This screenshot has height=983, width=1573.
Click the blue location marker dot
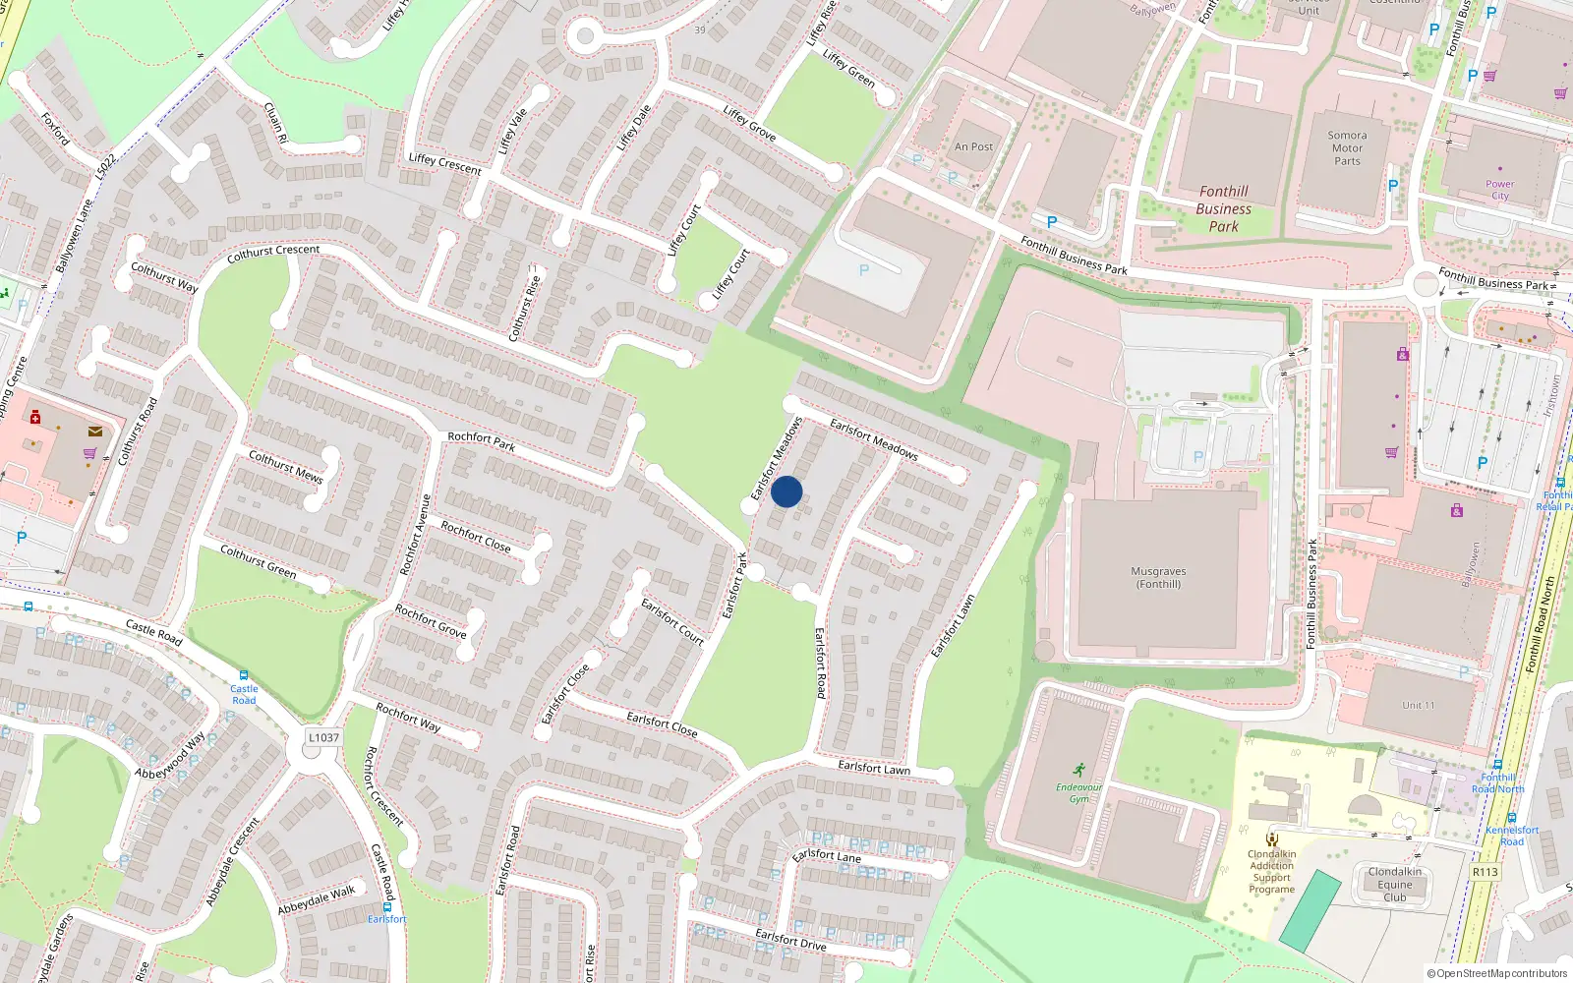point(786,491)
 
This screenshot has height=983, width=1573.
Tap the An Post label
point(973,146)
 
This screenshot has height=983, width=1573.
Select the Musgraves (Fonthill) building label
point(1158,577)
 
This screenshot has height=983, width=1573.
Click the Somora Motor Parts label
point(1347,148)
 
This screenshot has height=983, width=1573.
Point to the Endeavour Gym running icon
point(1079,770)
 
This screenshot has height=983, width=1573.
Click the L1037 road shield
point(323,737)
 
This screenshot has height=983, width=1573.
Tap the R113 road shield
point(1485,872)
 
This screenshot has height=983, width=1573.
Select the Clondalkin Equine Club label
point(1394,884)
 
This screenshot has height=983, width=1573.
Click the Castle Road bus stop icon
point(244,675)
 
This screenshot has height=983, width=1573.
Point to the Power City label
point(1499,190)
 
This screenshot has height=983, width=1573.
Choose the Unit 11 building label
point(1418,705)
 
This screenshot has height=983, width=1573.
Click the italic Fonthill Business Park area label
point(1224,208)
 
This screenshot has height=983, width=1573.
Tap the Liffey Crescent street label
point(444,164)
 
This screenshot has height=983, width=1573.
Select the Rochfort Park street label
point(481,441)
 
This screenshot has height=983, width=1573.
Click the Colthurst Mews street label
point(285,466)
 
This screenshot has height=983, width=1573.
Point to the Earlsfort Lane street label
point(826,855)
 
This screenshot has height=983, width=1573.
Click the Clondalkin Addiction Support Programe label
point(1271,871)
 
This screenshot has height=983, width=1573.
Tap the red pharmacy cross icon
point(35,417)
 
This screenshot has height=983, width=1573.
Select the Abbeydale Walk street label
point(316,900)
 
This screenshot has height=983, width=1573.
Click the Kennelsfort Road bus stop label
point(1512,835)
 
